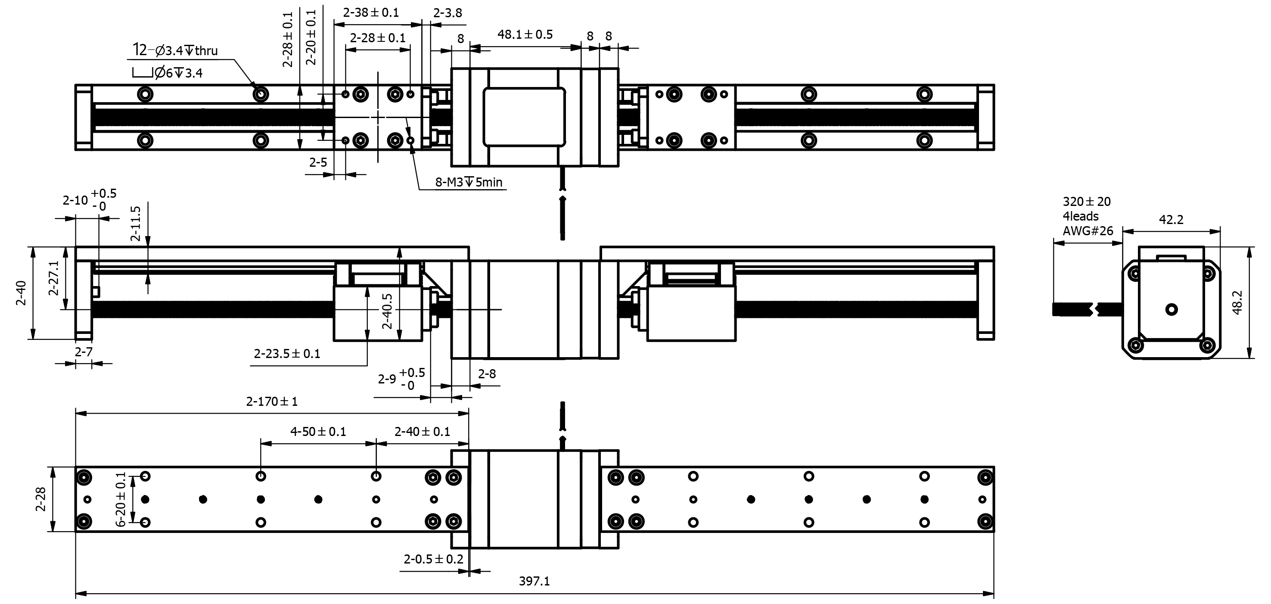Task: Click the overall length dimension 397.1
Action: pyautogui.click(x=534, y=581)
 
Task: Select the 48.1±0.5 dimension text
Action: pyautogui.click(x=525, y=34)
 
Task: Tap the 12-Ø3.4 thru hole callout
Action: pyautogui.click(x=176, y=50)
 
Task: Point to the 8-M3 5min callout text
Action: pyautogui.click(x=468, y=182)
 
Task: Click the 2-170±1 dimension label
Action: pyautogui.click(x=272, y=401)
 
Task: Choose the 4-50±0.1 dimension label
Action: pyautogui.click(x=318, y=432)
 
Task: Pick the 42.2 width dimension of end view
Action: pyautogui.click(x=1171, y=220)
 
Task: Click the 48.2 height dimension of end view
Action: pyautogui.click(x=1237, y=302)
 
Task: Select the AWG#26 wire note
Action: pyautogui.click(x=1088, y=230)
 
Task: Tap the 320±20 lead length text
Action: pyautogui.click(x=1087, y=201)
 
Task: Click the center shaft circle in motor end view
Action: pyautogui.click(x=1172, y=309)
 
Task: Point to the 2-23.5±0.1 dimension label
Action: pyautogui.click(x=287, y=353)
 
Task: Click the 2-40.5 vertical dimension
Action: pyautogui.click(x=387, y=311)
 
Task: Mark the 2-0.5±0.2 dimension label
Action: pyautogui.click(x=433, y=559)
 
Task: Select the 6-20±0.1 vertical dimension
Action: pyautogui.click(x=121, y=499)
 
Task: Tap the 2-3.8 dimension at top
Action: pyautogui.click(x=447, y=13)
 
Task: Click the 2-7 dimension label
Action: pyautogui.click(x=84, y=352)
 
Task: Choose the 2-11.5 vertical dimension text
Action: pyautogui.click(x=136, y=223)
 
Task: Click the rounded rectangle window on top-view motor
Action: pyautogui.click(x=524, y=117)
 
